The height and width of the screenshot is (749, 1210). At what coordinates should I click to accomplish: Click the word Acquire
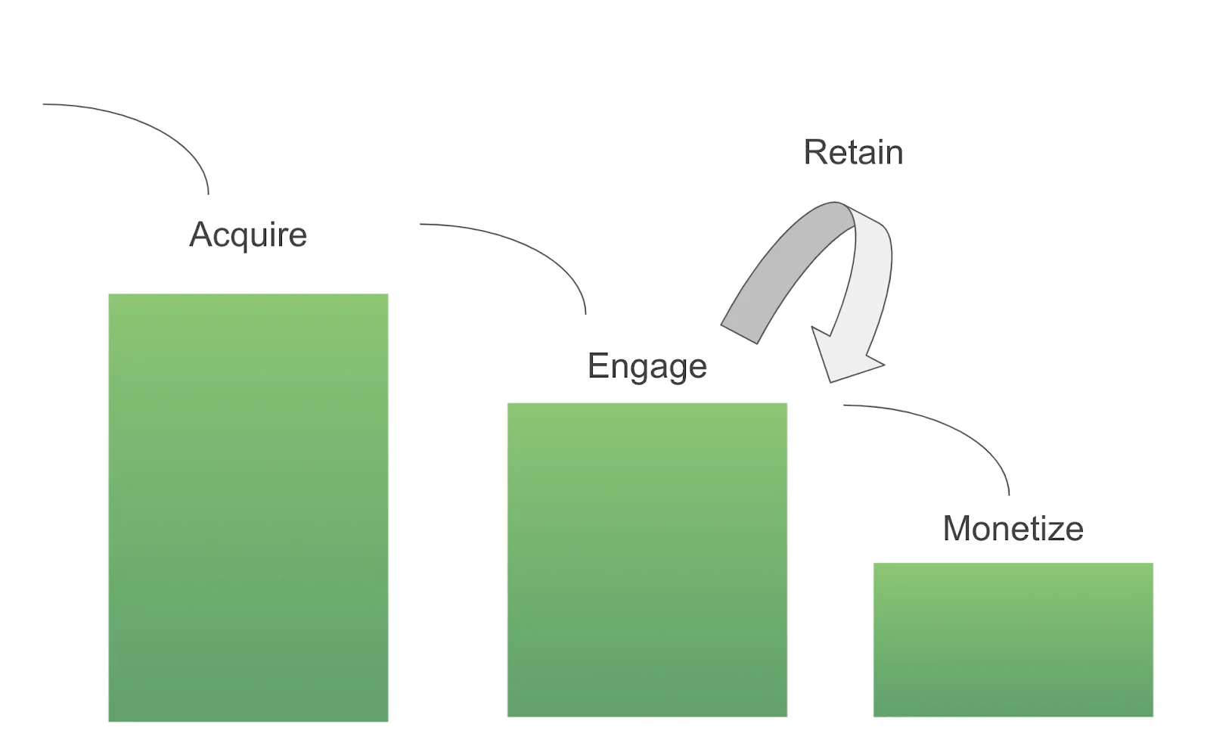click(x=248, y=235)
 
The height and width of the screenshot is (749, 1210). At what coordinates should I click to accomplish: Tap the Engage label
click(x=647, y=366)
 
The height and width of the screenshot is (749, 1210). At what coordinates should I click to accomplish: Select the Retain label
click(x=853, y=152)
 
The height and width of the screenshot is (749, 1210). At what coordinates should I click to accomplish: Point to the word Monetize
click(x=1013, y=528)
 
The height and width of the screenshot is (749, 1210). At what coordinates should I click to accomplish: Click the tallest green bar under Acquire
click(x=248, y=507)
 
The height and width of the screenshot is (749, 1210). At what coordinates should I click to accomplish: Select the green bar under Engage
click(x=647, y=560)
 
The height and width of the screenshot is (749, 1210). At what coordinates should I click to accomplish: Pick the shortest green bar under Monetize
click(x=1013, y=639)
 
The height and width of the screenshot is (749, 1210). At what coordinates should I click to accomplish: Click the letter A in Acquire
click(x=201, y=235)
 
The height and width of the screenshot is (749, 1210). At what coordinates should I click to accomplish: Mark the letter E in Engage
click(x=597, y=366)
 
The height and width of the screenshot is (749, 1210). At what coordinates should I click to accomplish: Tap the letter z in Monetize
click(x=1055, y=530)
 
